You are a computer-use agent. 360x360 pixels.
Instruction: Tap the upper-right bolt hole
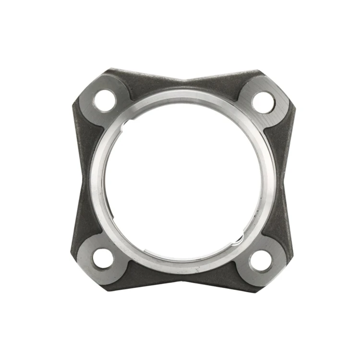click(x=263, y=102)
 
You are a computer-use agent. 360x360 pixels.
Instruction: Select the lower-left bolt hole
click(x=103, y=259)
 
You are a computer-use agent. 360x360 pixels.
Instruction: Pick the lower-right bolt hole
click(x=261, y=261)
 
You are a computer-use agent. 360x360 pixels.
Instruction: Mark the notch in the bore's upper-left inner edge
click(x=126, y=126)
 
